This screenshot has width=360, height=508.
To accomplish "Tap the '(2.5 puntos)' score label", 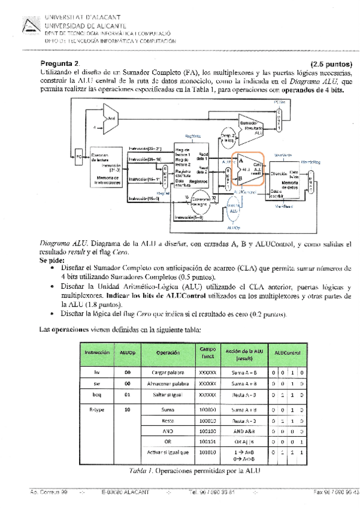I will coord(331,64).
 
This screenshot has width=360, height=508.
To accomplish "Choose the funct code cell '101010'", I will coord(207,452).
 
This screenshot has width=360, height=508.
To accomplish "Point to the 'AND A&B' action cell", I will coord(246,430).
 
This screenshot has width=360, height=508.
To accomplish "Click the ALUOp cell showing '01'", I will coord(127,395).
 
